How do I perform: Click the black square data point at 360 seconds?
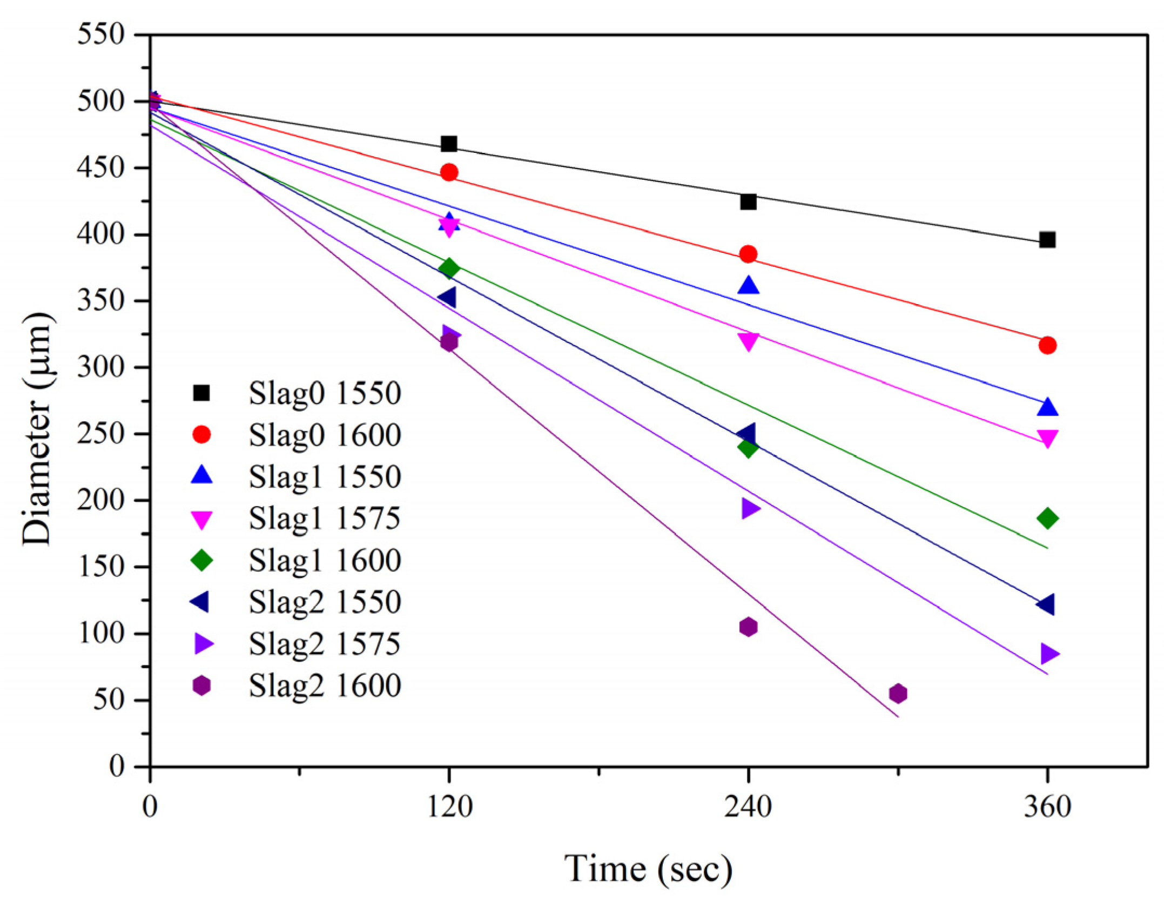1047,240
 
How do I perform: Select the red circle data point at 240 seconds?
748,254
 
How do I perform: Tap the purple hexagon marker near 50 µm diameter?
898,693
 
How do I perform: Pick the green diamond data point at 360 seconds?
1047,519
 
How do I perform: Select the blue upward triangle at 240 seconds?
748,286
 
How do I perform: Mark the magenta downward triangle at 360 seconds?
1047,439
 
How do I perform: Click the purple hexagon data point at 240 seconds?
748,627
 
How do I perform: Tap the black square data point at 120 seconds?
449,144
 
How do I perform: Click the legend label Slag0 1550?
325,393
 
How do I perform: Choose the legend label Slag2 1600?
325,686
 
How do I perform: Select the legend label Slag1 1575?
325,519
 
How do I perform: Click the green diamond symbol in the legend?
201,560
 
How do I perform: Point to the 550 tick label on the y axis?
101,35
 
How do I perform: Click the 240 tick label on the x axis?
748,807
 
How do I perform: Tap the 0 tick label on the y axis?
117,766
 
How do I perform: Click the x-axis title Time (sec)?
648,869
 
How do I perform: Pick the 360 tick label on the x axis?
1047,807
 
